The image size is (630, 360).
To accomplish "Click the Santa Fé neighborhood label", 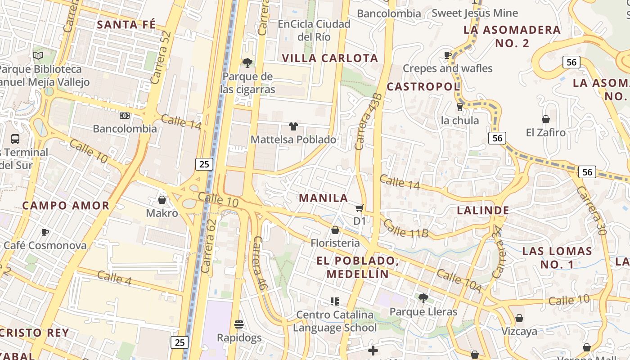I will pos(126,24).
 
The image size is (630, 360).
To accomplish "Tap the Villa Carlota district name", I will pos(330,58).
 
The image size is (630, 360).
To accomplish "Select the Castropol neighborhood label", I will pos(423,86).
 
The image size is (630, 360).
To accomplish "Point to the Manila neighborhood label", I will pos(324,198).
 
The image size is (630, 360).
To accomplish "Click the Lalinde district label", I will pos(483,210).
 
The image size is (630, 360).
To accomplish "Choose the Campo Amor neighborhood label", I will pos(66,206).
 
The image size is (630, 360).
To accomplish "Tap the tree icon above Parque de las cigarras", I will pos(247,63).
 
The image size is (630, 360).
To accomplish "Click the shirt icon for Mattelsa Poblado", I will pos(293,126).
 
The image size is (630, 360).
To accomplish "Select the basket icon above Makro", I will pos(162,199).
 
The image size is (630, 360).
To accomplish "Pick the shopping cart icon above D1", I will pos(360,208).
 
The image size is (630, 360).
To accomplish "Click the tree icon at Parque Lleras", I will pos(423,298).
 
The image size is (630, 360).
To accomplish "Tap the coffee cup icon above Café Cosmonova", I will pos(45,232).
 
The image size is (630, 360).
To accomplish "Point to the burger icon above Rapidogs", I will pos(239,324).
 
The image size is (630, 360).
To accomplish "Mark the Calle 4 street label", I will pos(114,278).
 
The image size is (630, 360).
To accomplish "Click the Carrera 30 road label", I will pos(592,211).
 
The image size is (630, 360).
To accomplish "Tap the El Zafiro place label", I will pos(545,133).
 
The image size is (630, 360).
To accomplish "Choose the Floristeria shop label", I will pos(335,243).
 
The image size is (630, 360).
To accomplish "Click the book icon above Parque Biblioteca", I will pos(39,56).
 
